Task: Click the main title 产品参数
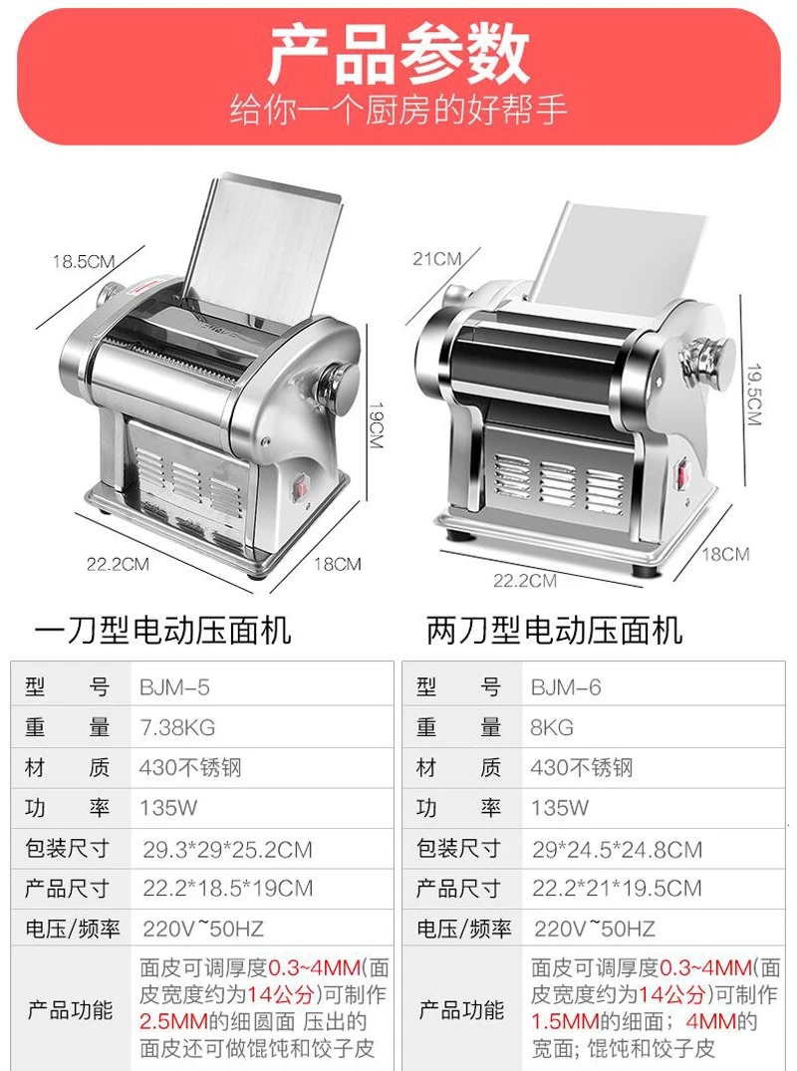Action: [x=398, y=56]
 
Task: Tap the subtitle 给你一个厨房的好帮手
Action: [x=398, y=110]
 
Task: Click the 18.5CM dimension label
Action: [x=84, y=261]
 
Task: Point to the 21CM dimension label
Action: [x=437, y=259]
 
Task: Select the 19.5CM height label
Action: [x=753, y=395]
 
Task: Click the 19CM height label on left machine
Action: [x=375, y=424]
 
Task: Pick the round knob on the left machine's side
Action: [x=339, y=387]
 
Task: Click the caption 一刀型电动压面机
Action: [x=162, y=630]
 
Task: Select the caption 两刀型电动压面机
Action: [x=555, y=630]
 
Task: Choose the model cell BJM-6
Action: [x=566, y=687]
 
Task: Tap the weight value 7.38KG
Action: [x=177, y=727]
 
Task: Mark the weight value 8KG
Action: [x=552, y=727]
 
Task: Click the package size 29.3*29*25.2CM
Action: [x=227, y=850]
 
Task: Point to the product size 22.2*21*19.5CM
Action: [x=618, y=889]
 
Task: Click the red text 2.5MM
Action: [x=173, y=1022]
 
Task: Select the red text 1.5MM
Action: [x=565, y=1022]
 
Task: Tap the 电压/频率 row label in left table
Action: [x=73, y=929]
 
